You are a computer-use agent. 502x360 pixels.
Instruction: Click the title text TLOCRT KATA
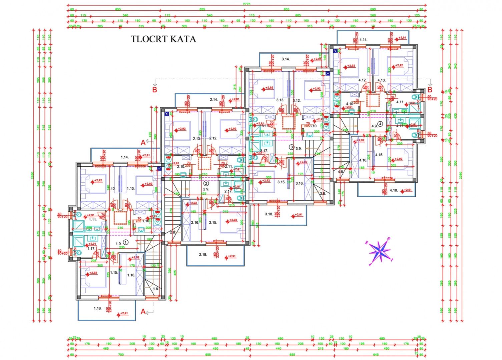point(163,39)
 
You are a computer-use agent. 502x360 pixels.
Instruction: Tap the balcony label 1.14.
point(125,157)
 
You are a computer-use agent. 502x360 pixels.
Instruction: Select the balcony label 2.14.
point(214,99)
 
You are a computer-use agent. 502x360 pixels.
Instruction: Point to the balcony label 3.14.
point(286,59)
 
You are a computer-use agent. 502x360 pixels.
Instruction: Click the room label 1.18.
point(97,308)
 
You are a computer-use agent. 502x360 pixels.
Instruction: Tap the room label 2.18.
point(203,255)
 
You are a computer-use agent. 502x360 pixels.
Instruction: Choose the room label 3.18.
point(269,214)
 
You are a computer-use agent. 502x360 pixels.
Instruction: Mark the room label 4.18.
point(394,190)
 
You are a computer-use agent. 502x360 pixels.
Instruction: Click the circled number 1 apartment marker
point(125,243)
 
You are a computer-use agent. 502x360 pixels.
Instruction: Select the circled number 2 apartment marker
point(206,183)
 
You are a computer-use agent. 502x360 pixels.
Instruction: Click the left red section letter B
point(155,89)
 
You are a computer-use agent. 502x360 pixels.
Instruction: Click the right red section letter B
point(430,89)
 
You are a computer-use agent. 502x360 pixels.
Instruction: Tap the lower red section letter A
point(143,312)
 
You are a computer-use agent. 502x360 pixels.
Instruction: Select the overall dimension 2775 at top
point(247,3)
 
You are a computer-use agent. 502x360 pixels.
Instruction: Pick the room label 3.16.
point(300,183)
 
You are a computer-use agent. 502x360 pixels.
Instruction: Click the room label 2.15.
point(212,223)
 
